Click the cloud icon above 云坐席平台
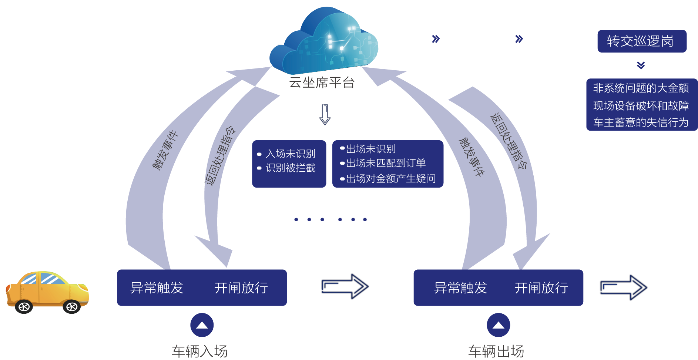pos(324,41)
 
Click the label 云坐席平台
pos(322,83)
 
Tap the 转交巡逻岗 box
pos(642,41)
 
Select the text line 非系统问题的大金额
pos(641,88)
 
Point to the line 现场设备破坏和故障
pos(641,106)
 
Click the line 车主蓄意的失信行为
pos(641,122)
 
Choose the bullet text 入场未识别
pos(291,154)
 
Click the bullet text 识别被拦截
pos(291,168)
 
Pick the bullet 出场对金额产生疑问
pos(391,179)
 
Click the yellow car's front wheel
pos(72,307)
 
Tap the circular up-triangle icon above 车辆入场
pos(202,325)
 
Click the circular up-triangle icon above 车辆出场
pos(499,325)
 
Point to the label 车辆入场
pos(200,351)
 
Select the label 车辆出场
pos(496,351)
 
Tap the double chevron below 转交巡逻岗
pos(641,65)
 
